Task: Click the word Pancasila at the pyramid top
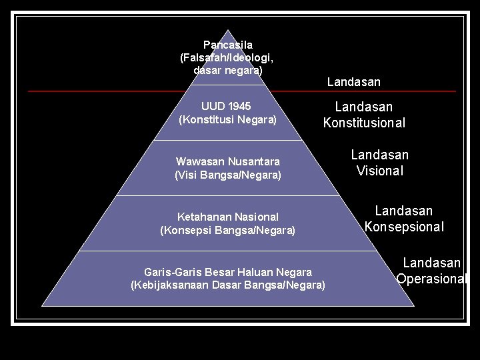(x=228, y=45)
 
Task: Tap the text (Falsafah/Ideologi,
(x=227, y=57)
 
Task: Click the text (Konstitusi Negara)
(x=227, y=120)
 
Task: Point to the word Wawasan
(x=199, y=161)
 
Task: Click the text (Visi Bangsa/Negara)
(x=228, y=175)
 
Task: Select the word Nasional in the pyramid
(x=256, y=217)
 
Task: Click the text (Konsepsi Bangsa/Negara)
(x=228, y=231)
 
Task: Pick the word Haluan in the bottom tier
(x=257, y=272)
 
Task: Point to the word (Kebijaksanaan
(x=169, y=285)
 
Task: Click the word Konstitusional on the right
(x=364, y=123)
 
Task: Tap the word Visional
(x=380, y=171)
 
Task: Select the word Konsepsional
(x=404, y=227)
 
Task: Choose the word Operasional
(x=432, y=279)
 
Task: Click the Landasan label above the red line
(x=353, y=82)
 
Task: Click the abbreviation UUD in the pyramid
(x=213, y=106)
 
